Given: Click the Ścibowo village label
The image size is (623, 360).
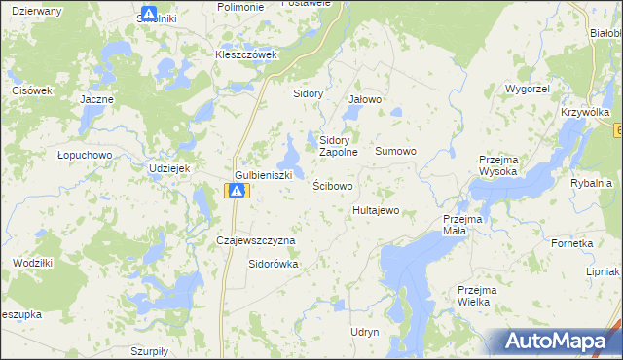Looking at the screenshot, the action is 333,185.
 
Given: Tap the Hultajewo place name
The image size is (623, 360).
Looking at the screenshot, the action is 376,210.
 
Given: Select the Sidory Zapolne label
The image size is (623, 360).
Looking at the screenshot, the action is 340,146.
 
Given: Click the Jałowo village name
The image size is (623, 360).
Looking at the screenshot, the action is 365,99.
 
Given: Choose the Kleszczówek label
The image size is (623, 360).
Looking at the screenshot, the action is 246,54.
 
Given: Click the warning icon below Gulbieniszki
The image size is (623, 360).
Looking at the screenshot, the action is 236,191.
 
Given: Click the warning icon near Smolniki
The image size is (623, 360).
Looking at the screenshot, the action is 149,15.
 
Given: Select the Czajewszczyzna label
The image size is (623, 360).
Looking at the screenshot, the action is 255,239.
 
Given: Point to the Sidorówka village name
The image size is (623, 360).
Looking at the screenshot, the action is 274,263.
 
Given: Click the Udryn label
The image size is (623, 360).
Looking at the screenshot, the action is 364,332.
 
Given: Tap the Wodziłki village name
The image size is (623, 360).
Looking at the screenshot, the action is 33,263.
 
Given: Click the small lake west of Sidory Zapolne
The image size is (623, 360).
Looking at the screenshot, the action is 290,153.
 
